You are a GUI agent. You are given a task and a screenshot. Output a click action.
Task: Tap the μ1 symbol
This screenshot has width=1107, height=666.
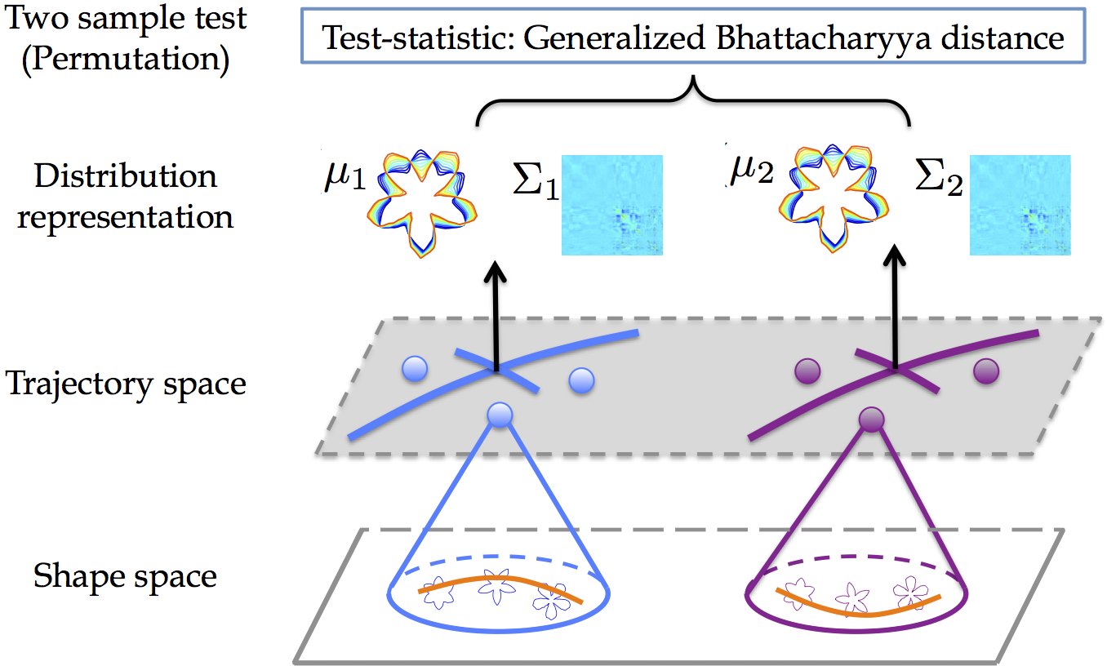[345, 177]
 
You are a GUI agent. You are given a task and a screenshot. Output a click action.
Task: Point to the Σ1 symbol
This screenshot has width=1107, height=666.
[536, 181]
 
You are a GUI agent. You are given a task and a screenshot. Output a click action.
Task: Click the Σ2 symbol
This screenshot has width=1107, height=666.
[939, 177]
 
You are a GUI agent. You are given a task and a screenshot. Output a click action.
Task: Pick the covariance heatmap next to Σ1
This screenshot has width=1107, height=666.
[611, 205]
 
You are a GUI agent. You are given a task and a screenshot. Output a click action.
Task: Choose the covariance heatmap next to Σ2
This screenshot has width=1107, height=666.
[1020, 205]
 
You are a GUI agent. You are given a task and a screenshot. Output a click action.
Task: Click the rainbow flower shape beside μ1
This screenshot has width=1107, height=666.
[421, 202]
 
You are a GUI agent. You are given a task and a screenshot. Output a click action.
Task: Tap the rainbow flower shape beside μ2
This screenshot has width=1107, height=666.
[834, 198]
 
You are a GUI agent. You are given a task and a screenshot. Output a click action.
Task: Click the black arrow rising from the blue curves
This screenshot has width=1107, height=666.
[496, 316]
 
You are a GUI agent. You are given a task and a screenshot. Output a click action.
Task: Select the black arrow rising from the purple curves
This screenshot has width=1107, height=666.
[895, 306]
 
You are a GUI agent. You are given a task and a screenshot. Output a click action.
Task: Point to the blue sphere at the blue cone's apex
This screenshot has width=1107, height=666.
[500, 415]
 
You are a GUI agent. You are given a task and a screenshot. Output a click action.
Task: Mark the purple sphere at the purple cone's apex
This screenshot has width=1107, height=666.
[871, 420]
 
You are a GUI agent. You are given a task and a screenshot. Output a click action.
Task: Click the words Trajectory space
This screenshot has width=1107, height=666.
[126, 384]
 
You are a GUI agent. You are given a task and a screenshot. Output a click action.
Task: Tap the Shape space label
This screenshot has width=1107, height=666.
[125, 576]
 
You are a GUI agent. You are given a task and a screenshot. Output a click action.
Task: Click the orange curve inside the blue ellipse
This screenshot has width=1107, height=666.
[500, 578]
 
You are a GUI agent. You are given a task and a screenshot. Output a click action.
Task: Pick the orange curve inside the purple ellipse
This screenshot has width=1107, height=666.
[859, 614]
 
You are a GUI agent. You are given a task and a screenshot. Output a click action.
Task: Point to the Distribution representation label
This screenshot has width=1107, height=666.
[125, 196]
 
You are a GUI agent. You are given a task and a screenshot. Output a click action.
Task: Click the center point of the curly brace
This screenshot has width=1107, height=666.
[693, 78]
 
